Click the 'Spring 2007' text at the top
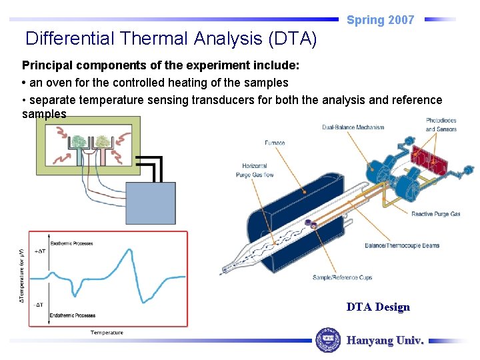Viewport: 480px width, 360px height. pyautogui.click(x=380, y=20)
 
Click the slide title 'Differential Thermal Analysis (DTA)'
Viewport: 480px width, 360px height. pyautogui.click(x=171, y=39)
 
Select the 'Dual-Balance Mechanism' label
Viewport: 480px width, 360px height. pyautogui.click(x=353, y=127)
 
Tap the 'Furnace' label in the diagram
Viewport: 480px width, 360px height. pyautogui.click(x=274, y=143)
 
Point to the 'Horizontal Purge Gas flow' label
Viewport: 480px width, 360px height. pyautogui.click(x=254, y=170)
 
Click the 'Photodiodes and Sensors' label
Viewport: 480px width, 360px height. pyautogui.click(x=441, y=125)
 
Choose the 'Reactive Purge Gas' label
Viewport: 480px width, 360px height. pyautogui.click(x=435, y=214)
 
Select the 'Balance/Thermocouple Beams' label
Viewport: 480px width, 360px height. pyautogui.click(x=401, y=245)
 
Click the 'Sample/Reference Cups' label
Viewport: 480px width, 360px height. pyautogui.click(x=342, y=277)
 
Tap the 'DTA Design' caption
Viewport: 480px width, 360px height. pyautogui.click(x=378, y=307)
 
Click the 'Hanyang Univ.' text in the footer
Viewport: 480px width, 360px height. pyautogui.click(x=385, y=340)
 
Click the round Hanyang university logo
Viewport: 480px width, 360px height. pyautogui.click(x=327, y=340)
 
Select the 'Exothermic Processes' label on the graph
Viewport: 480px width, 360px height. pyautogui.click(x=71, y=243)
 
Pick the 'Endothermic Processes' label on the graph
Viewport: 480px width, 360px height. pyautogui.click(x=72, y=315)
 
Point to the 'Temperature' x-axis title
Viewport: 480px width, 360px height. pyautogui.click(x=107, y=332)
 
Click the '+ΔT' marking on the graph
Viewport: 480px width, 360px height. pyautogui.click(x=39, y=251)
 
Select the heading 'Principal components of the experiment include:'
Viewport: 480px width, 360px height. pyautogui.click(x=161, y=66)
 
